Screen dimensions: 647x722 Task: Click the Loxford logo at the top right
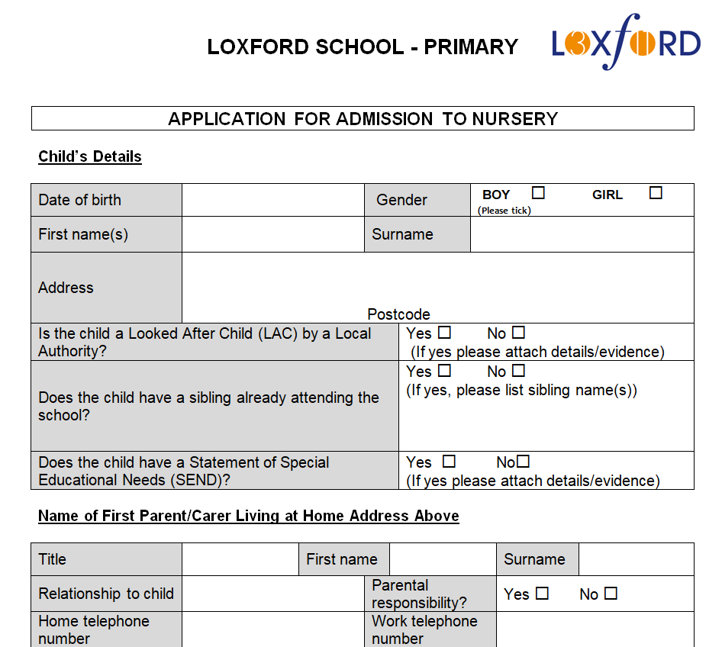[626, 42]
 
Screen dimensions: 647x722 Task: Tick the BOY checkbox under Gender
[539, 193]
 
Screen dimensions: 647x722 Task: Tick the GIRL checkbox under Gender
[656, 193]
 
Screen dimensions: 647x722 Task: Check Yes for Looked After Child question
[444, 333]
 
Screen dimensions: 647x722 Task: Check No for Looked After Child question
[519, 333]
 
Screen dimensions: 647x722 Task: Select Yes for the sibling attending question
[444, 371]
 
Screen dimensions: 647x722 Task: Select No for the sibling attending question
[519, 371]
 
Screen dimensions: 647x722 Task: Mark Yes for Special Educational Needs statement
[449, 462]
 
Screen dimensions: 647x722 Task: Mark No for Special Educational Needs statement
[523, 462]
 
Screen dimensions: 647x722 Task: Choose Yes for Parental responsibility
[542, 593]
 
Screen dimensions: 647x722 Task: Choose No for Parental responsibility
[611, 593]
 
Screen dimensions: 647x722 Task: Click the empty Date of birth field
[272, 200]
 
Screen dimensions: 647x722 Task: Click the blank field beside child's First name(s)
[272, 234]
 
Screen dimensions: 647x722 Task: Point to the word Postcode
[398, 314]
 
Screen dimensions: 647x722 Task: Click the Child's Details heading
[90, 156]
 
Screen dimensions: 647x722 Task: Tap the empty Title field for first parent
[240, 559]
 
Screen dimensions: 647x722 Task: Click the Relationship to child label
[106, 594]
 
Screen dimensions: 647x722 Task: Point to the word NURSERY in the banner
[514, 119]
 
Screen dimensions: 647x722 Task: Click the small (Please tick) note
[504, 211]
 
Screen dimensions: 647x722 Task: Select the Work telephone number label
[424, 629]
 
